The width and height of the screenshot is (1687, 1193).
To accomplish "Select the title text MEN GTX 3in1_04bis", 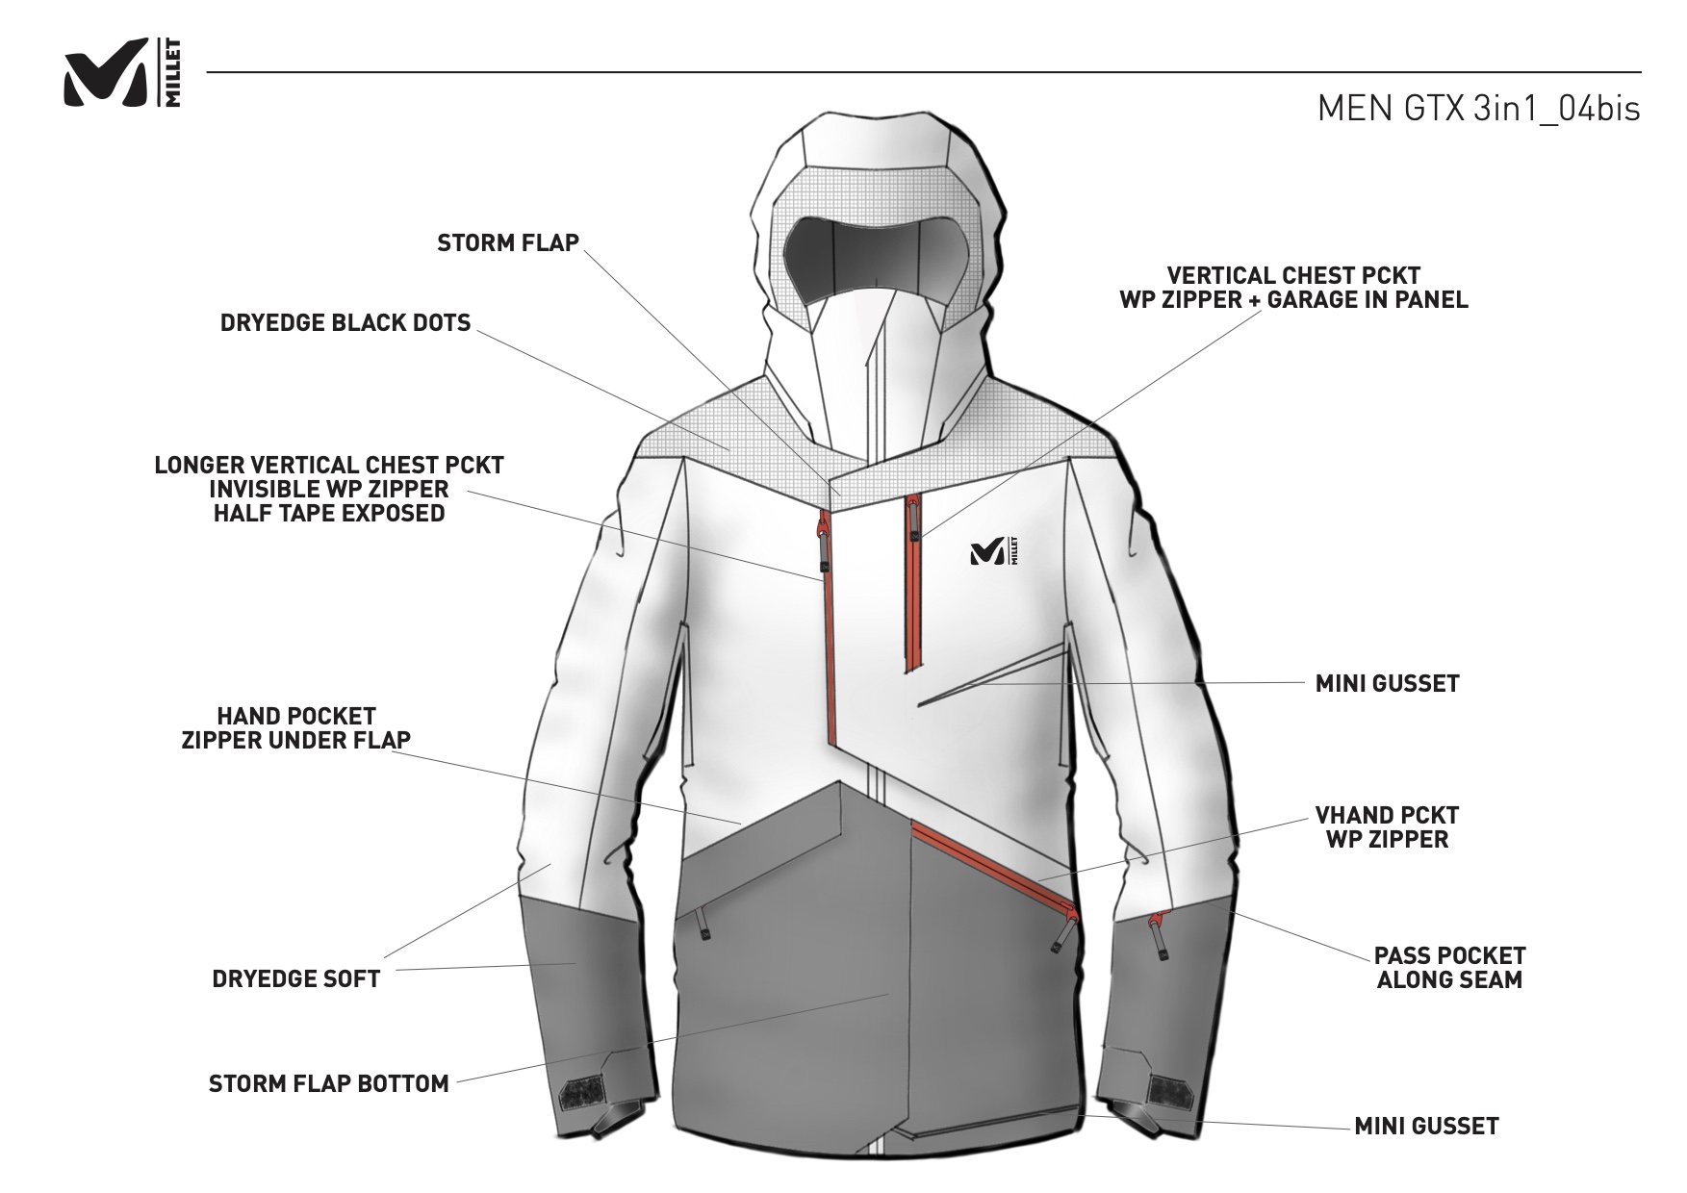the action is tap(1478, 109).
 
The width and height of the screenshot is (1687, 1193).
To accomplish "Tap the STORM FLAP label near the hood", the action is tap(508, 242).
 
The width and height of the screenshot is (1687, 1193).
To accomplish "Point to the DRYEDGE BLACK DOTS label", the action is tap(345, 322).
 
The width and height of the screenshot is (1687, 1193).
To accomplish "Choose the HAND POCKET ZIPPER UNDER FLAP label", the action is tap(296, 728).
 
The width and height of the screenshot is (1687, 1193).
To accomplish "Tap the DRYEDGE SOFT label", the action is tap(296, 979).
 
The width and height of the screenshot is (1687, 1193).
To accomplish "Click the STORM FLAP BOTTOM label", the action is tap(329, 1084).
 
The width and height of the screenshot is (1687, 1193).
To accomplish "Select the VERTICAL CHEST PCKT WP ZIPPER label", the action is tap(1293, 288).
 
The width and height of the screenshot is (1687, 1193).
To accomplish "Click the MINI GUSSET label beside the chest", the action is tap(1387, 684).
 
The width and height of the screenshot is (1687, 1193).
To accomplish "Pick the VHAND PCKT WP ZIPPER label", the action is tap(1387, 827).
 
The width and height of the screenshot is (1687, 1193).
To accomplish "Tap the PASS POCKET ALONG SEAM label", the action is tap(1449, 968).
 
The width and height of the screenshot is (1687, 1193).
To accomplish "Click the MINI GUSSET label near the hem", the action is tap(1426, 1127).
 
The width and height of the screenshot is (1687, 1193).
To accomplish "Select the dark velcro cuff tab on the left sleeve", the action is tap(580, 1094).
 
